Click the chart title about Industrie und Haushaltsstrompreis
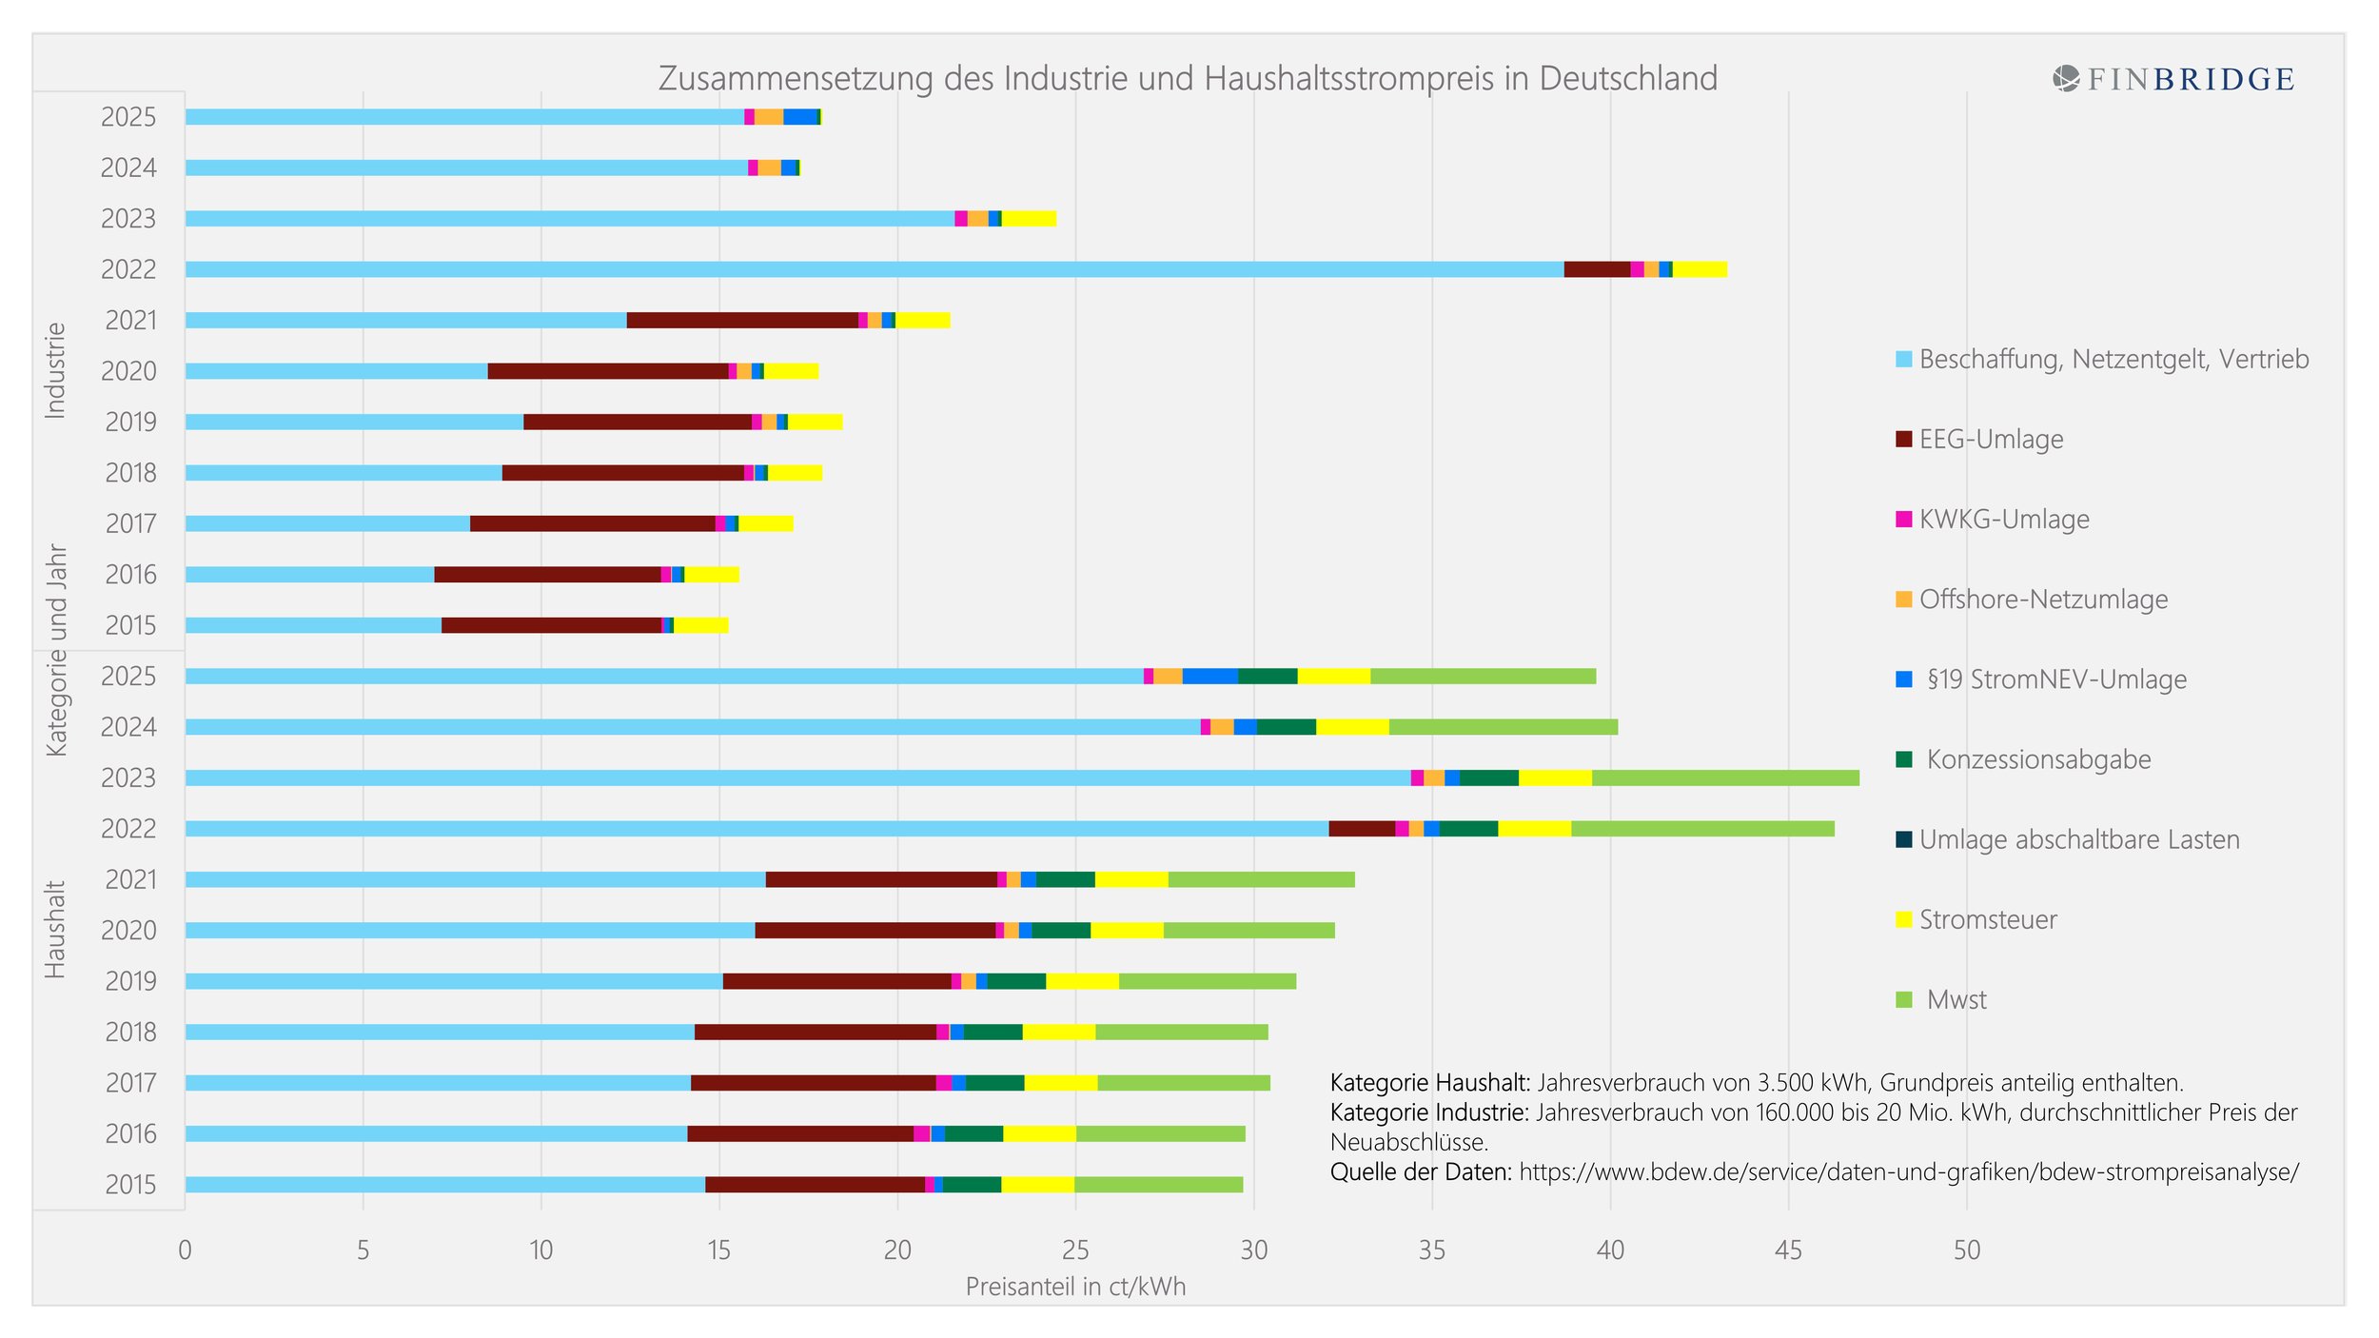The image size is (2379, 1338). click(1188, 78)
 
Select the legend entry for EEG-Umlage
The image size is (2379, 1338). click(1990, 440)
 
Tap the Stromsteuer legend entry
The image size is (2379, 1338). click(1987, 920)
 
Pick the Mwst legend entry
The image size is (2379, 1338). click(1956, 1000)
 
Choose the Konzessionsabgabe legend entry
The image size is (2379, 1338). click(2037, 759)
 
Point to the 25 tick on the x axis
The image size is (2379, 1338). click(1075, 1249)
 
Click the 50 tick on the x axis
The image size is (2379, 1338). click(1966, 1249)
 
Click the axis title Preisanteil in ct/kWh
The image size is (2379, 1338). click(1075, 1287)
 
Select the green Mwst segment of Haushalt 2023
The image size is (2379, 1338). click(1724, 778)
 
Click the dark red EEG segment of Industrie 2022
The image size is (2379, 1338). click(1597, 269)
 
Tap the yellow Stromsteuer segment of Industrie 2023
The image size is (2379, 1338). click(1029, 219)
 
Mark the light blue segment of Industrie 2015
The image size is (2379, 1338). click(313, 625)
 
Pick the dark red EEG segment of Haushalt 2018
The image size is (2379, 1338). click(815, 1033)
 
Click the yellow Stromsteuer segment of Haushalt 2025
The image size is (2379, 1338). click(1333, 677)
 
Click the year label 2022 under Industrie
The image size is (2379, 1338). click(128, 269)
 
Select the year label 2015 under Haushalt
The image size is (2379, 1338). click(130, 1185)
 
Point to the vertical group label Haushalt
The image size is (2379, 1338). click(55, 930)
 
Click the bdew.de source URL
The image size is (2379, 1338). click(1908, 1172)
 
